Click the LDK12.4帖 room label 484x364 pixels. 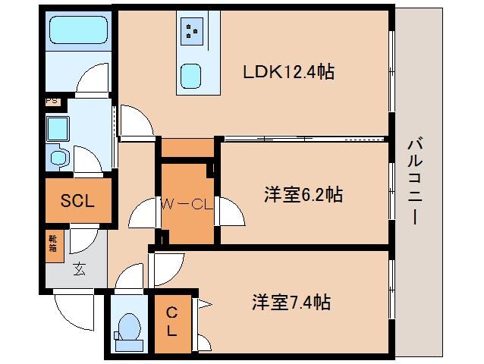(x=289, y=73)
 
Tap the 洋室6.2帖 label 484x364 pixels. (x=303, y=195)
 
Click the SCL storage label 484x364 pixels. (x=77, y=201)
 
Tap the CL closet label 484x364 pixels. (x=171, y=321)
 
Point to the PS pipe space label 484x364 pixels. (x=52, y=100)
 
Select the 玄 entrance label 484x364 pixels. (x=79, y=268)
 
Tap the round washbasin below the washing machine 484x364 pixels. (x=58, y=158)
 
